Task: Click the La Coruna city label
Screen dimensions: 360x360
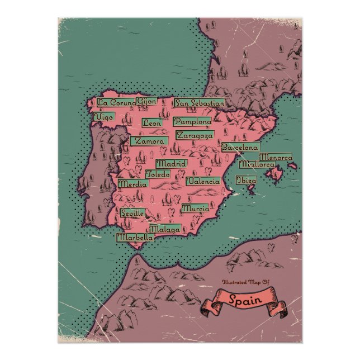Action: coord(116,102)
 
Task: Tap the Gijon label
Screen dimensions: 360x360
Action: coord(146,102)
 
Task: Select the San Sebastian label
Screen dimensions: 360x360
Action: coord(200,103)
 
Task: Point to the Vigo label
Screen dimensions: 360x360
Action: coord(104,117)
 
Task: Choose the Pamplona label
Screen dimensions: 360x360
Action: coord(192,121)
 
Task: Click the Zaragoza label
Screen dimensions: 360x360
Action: coord(195,135)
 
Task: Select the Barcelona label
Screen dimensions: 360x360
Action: coord(240,148)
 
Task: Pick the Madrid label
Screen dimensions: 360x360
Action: coord(170,164)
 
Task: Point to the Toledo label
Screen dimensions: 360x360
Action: coord(158,174)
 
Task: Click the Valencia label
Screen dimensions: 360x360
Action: coord(202,181)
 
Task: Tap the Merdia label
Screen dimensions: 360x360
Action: coord(133,184)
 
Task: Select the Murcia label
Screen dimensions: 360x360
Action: coord(195,209)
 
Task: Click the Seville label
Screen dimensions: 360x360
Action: coord(133,213)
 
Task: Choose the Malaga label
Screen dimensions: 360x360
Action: coord(165,229)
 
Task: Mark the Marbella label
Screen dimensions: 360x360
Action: coord(135,237)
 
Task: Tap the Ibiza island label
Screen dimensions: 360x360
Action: coord(247,181)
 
